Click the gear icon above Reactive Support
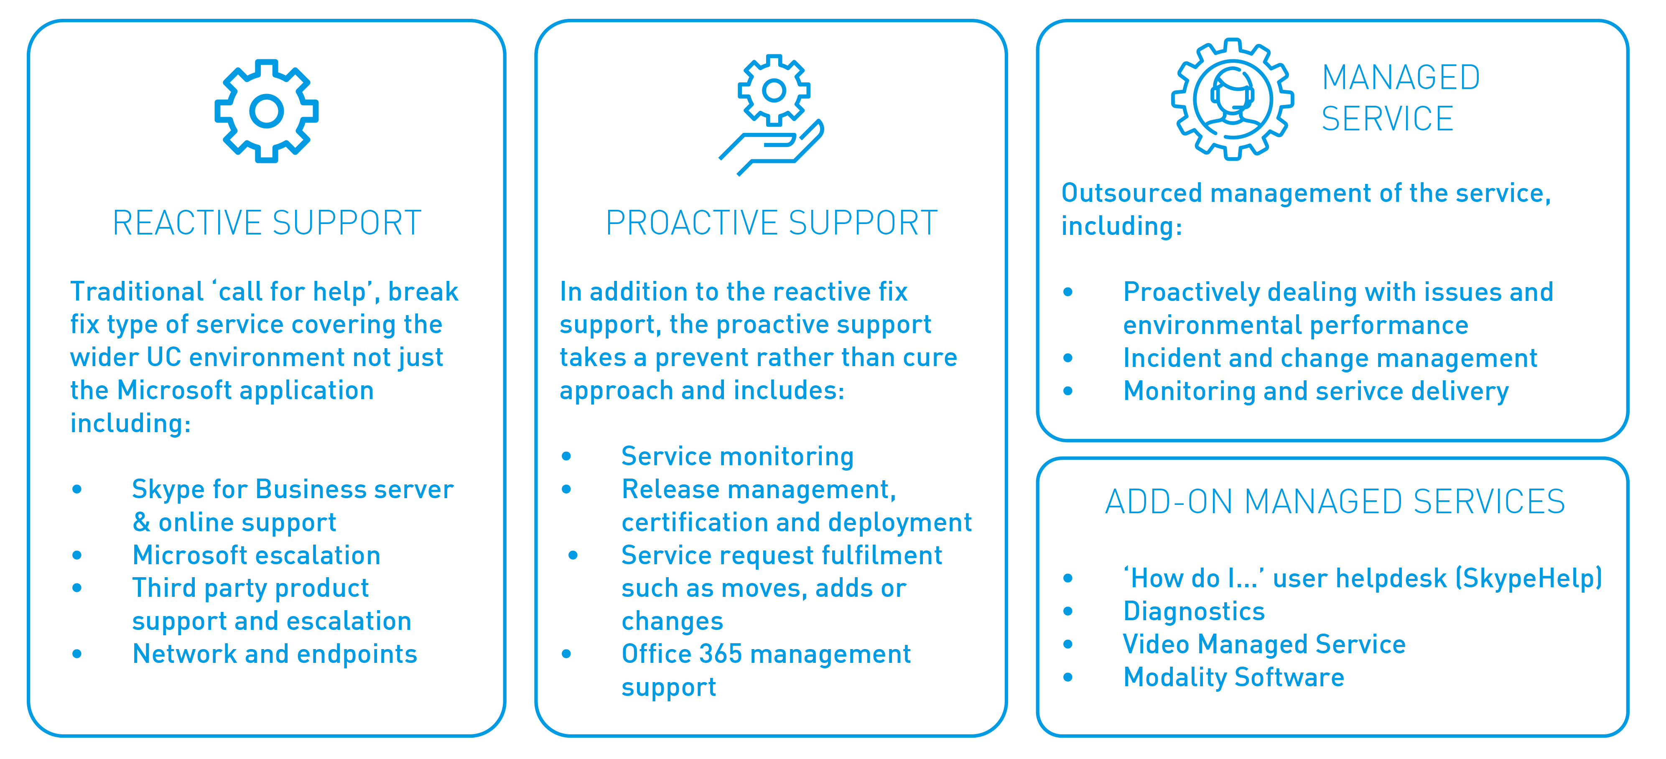click(267, 111)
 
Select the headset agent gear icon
click(1233, 99)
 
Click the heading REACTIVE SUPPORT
click(267, 223)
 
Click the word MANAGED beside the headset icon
click(1401, 78)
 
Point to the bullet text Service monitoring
click(737, 456)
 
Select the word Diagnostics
click(1194, 611)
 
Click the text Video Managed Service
click(1264, 644)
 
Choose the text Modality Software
click(1234, 677)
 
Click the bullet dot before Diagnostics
click(1068, 611)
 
